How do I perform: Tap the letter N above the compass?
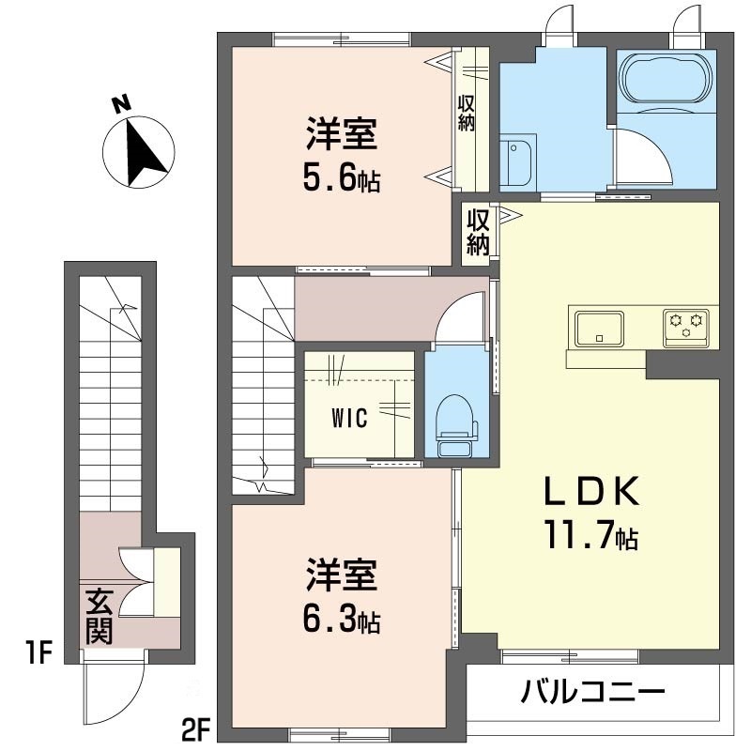[x=120, y=105]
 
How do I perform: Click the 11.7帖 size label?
[x=589, y=536]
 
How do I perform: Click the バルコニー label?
[x=593, y=696]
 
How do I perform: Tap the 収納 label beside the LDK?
[x=479, y=231]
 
